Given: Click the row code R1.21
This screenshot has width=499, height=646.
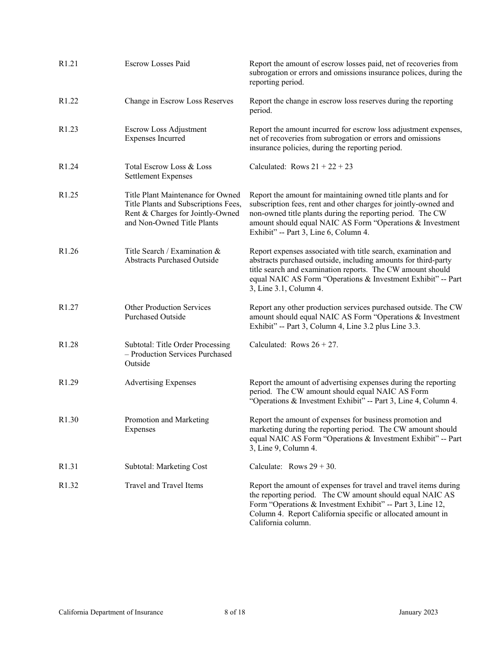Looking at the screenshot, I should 68,64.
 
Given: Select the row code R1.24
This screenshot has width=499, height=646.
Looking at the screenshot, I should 68,166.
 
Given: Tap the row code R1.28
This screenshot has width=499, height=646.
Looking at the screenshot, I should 68,345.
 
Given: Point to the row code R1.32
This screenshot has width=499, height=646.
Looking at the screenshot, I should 68,485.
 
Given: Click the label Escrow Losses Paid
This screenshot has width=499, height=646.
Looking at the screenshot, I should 157,64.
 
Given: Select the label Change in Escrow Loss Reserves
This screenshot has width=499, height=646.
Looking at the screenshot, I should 179,101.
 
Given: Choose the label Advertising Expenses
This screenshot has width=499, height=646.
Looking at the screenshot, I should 160,382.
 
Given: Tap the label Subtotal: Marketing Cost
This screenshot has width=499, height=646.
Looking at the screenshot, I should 165,466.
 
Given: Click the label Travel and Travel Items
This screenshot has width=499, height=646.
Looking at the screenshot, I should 163,485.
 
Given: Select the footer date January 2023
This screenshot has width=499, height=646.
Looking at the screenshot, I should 418,612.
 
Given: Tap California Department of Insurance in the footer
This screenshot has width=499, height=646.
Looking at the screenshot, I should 111,612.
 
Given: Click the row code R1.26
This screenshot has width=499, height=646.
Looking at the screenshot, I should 68,251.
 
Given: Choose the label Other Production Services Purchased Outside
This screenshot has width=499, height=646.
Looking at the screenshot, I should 168,312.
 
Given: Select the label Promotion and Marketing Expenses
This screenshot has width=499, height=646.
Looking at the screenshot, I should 167,424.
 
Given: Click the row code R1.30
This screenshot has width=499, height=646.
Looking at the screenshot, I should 68,420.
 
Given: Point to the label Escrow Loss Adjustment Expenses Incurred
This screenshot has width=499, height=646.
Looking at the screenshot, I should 165,134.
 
